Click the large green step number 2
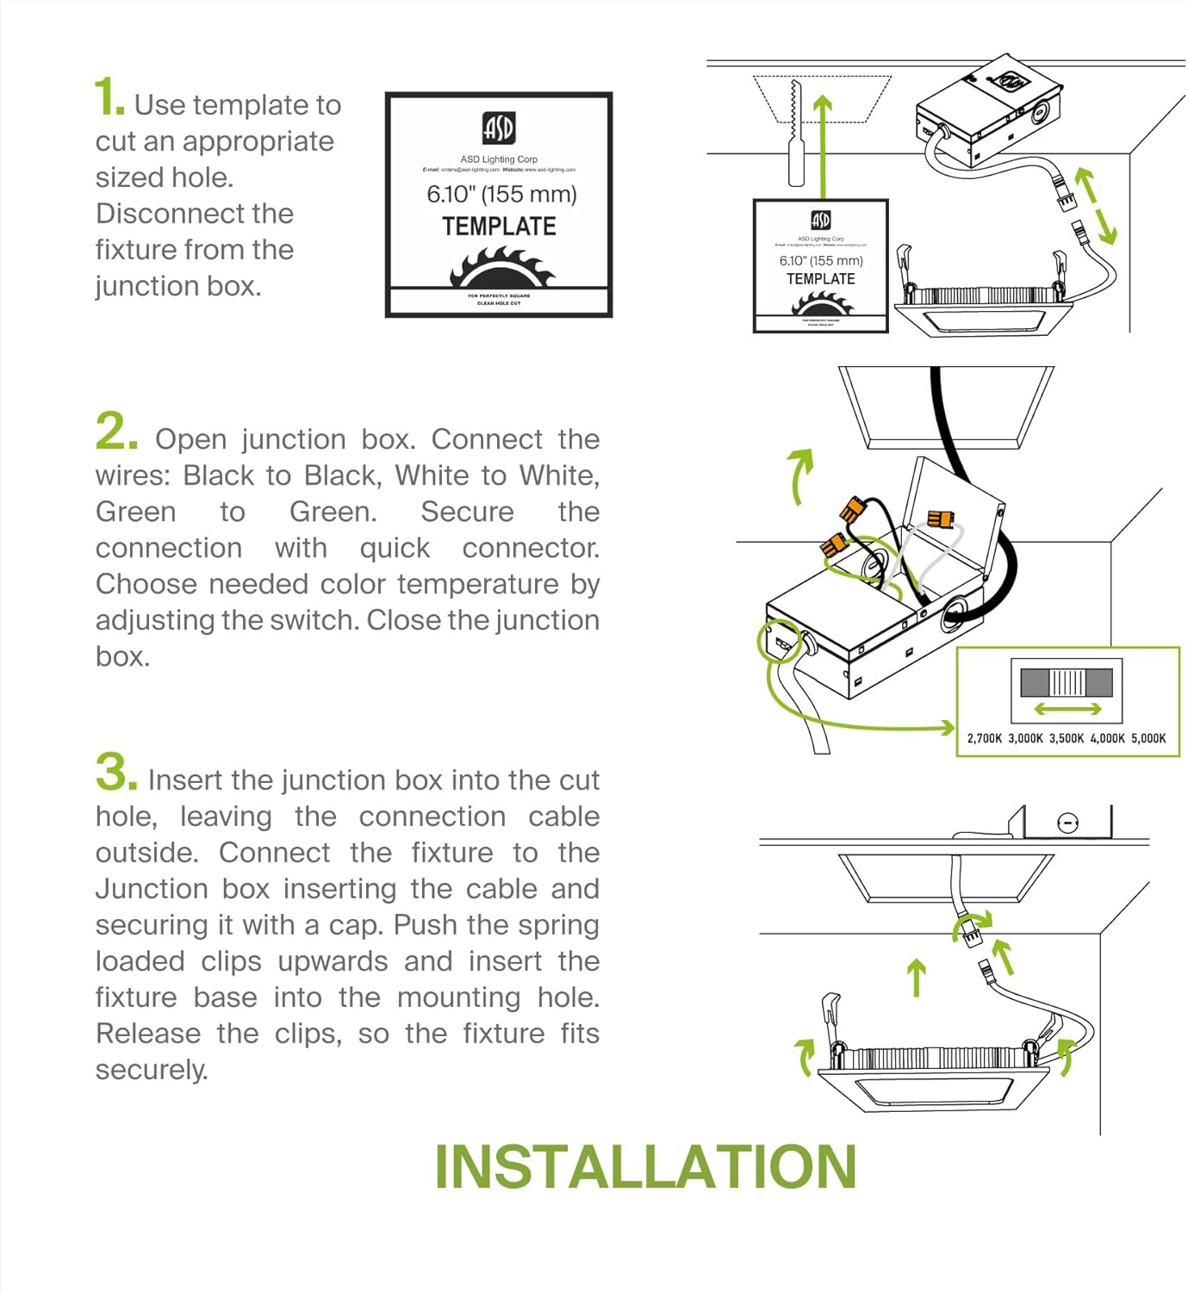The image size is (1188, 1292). (x=115, y=431)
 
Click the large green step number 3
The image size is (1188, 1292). (x=115, y=771)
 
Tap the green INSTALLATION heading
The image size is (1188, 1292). (x=645, y=1167)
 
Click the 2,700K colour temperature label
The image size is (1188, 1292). (x=985, y=738)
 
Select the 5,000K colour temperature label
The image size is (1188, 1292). (x=1148, y=738)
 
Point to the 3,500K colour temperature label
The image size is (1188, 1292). (x=1067, y=738)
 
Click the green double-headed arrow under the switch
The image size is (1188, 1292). (x=1067, y=709)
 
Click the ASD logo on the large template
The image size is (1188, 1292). (x=499, y=128)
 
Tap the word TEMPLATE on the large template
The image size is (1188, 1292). (x=499, y=227)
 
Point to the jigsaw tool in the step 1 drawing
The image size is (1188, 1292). (x=795, y=138)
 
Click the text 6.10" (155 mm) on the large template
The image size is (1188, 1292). (x=501, y=194)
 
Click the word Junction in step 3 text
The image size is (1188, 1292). (x=151, y=888)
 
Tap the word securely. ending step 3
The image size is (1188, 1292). (x=152, y=1070)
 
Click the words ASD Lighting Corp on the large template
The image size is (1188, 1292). (x=499, y=159)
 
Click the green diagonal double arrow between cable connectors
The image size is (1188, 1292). (x=1097, y=207)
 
